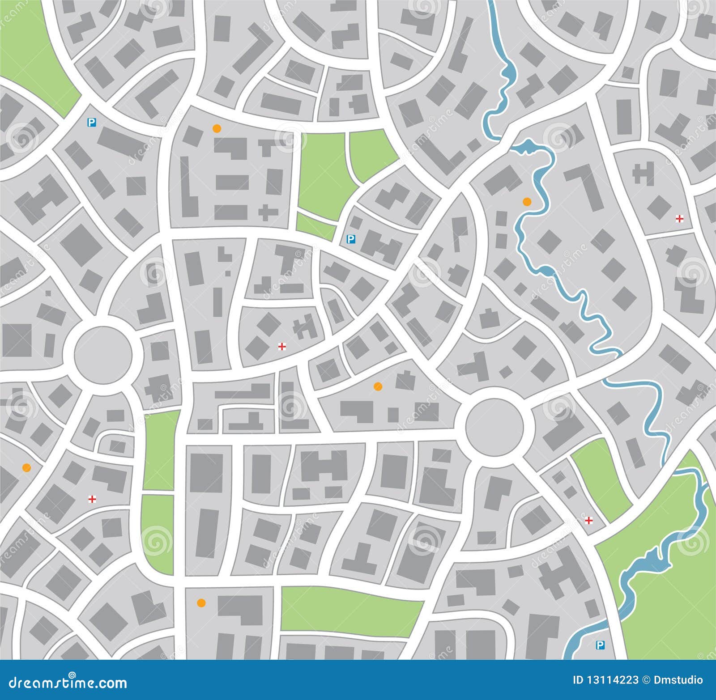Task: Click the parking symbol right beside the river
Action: [600, 645]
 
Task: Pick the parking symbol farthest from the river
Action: [92, 122]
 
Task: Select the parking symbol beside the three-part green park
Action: [351, 239]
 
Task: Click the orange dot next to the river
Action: [527, 201]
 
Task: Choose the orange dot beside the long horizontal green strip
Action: [201, 602]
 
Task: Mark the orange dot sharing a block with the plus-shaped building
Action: [217, 129]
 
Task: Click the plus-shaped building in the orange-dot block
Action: [268, 212]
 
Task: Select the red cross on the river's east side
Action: [679, 219]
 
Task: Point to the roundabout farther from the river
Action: [103, 355]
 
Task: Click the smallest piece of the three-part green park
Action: [316, 226]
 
